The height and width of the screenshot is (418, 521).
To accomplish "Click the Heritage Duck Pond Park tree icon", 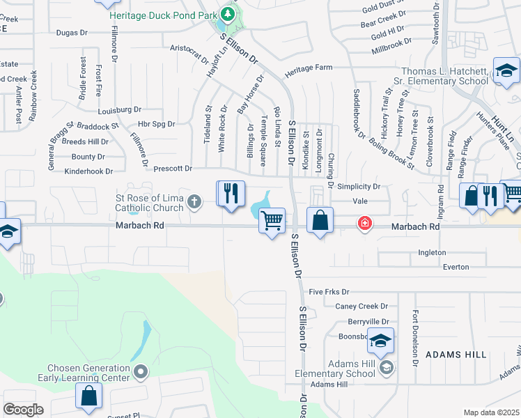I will tap(227, 14).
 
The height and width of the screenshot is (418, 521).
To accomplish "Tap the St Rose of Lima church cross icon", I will tap(194, 203).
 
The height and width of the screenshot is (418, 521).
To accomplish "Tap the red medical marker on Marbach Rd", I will tap(364, 224).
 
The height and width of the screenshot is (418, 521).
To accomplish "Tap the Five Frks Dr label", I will tap(328, 292).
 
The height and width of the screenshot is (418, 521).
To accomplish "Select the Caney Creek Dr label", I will tap(361, 307).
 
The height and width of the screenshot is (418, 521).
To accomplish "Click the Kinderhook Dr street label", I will tap(88, 171).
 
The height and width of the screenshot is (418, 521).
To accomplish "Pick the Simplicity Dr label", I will tap(359, 187).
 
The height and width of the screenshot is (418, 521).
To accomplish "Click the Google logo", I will tap(23, 409).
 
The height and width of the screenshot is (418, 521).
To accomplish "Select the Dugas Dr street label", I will tap(72, 32).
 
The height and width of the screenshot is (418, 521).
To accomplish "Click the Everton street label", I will tap(456, 267).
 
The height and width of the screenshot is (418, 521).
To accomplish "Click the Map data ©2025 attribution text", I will tap(491, 412).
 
